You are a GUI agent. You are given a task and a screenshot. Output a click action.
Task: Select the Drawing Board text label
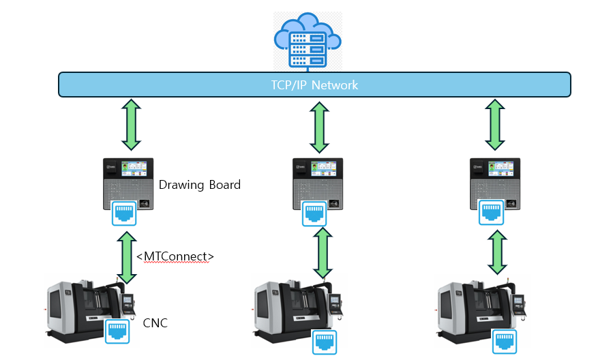point(199,185)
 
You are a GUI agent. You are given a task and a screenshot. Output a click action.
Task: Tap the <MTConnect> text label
point(175,256)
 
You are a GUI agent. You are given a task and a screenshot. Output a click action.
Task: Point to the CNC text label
point(155,322)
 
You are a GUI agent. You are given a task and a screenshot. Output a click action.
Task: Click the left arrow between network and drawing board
point(130,125)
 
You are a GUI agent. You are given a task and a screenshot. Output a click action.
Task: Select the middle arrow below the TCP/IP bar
point(318,127)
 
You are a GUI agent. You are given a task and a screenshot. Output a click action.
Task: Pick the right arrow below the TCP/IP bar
point(496,125)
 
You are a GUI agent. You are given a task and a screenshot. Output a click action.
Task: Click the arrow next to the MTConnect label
point(126,256)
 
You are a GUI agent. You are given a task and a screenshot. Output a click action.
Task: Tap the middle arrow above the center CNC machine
point(322,253)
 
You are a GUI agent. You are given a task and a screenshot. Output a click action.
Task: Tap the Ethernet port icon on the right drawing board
point(492,211)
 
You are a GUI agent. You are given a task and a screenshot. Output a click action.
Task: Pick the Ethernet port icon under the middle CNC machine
point(325,341)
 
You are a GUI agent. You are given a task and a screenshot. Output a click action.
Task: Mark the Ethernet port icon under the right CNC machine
point(505,340)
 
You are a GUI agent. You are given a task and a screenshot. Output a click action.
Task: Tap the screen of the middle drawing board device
point(325,168)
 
